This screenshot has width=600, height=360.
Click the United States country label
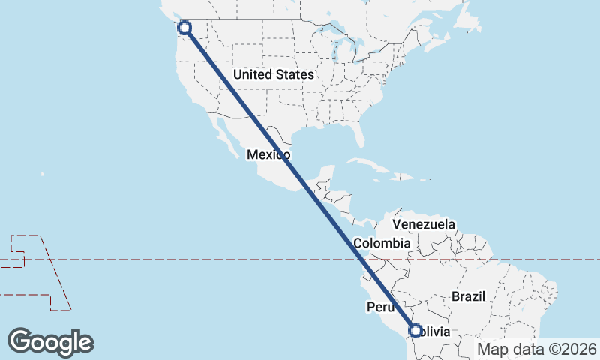click(273, 75)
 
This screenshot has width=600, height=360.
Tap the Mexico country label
click(268, 154)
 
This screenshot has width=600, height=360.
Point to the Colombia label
click(382, 244)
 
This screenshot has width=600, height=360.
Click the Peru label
click(380, 307)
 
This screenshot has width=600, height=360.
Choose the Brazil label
click(469, 296)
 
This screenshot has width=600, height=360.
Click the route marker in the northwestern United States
click(184, 28)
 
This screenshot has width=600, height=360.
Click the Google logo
click(50, 342)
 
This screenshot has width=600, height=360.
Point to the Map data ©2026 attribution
click(537, 349)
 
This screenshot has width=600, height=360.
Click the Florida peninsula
click(358, 136)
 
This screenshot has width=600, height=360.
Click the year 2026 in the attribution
click(579, 349)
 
